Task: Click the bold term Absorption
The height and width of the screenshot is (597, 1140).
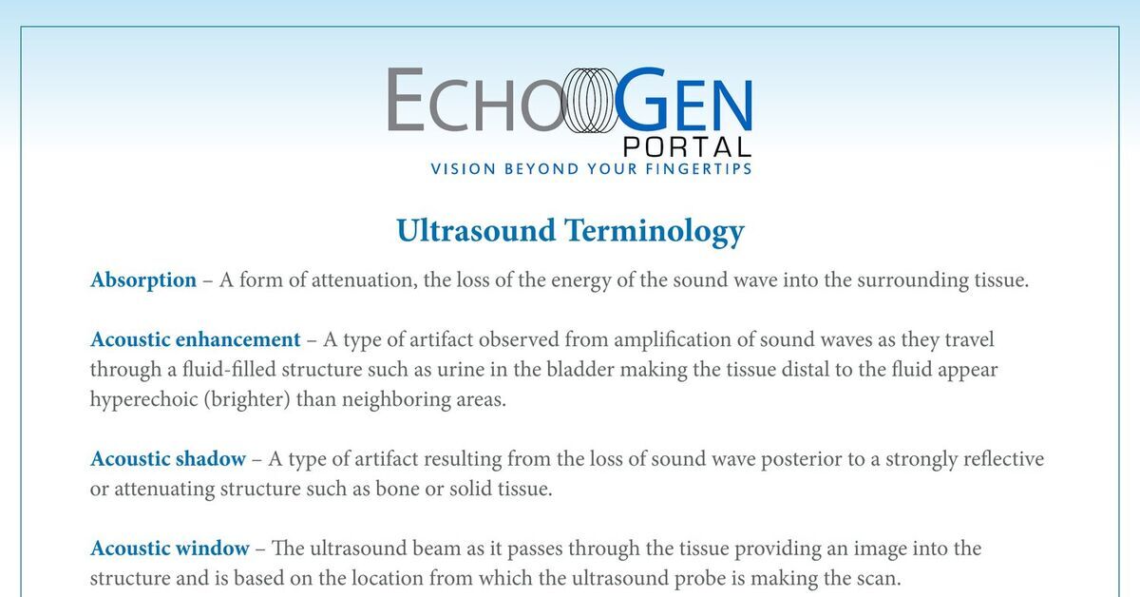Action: click(x=143, y=280)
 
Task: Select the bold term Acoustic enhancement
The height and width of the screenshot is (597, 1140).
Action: click(x=195, y=339)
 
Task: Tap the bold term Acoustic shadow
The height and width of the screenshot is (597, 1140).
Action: click(x=167, y=459)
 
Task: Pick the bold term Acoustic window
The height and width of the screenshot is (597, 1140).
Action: click(x=169, y=549)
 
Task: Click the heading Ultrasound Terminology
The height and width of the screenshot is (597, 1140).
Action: click(x=570, y=231)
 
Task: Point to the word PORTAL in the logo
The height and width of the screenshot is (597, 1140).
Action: click(x=687, y=147)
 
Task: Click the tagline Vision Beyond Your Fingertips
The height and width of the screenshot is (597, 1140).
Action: click(x=591, y=168)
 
